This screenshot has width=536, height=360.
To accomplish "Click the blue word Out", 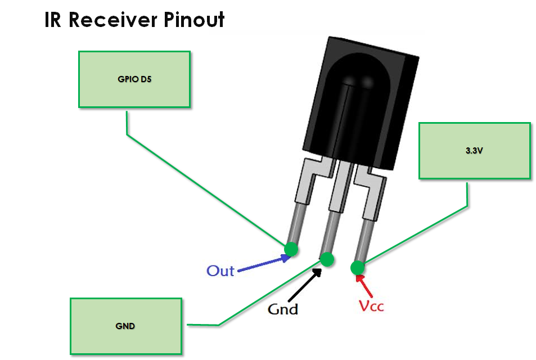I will [220, 271].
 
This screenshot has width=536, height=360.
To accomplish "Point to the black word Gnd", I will [282, 309].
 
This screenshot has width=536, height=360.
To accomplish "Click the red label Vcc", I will [371, 306].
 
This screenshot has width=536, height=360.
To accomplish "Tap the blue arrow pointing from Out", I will [264, 264].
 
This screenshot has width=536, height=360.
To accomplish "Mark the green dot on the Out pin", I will [291, 248].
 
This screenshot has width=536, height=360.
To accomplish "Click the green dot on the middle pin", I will [327, 259].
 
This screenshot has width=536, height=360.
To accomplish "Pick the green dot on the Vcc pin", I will [357, 268].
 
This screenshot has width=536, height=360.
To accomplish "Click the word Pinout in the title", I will [195, 20].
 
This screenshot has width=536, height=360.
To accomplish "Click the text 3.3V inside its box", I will [474, 151].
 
